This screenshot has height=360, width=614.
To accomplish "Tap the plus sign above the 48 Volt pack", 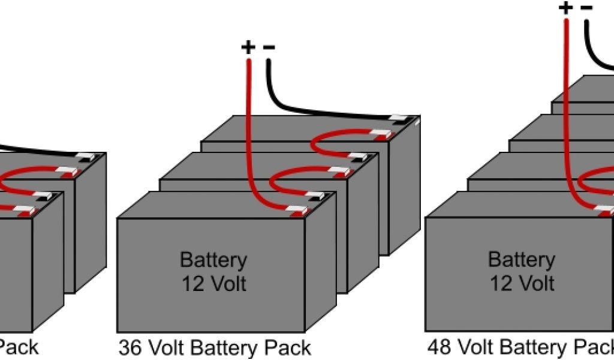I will point(565,8).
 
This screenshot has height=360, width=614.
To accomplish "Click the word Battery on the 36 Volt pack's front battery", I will point(213,260).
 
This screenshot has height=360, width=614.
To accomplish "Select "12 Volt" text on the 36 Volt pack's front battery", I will point(213,283).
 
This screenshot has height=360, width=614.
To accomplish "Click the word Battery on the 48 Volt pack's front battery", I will point(521,260).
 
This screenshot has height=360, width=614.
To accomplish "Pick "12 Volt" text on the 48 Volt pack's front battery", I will point(521,282).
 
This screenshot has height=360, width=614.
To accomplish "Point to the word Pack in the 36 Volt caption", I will point(288,347).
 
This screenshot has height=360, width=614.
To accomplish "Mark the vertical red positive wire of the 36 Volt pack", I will point(248,132).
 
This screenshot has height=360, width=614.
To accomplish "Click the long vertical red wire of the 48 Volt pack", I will point(567,120).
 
